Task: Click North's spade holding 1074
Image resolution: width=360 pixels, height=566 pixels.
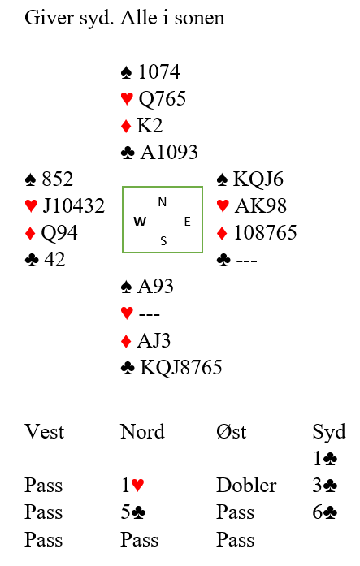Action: tap(159, 71)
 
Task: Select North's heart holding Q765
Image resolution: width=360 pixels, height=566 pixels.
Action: tap(163, 99)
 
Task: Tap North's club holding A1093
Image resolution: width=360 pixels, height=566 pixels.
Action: tap(169, 153)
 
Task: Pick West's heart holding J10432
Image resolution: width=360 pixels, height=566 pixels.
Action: tap(74, 205)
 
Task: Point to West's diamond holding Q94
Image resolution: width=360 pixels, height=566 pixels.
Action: tap(59, 233)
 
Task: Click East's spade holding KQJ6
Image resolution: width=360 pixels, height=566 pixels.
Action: tap(258, 179)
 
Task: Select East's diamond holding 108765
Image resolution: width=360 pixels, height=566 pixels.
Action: tap(266, 232)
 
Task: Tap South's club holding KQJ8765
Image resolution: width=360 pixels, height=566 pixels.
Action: tap(181, 368)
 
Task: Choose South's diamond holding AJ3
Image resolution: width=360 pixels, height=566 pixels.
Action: tap(154, 341)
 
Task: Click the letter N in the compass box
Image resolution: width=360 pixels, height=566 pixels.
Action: tap(163, 202)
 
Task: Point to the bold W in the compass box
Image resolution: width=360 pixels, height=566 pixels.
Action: tap(140, 221)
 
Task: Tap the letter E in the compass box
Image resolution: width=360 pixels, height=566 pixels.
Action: tap(188, 221)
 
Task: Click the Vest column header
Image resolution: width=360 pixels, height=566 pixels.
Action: tap(45, 432)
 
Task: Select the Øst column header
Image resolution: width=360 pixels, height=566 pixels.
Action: tap(231, 432)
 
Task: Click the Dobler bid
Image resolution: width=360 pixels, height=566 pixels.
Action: tap(246, 485)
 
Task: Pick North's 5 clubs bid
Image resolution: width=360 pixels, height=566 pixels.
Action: tap(133, 512)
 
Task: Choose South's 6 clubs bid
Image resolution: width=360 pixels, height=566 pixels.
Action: tap(324, 512)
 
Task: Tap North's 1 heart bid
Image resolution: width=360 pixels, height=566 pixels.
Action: tap(132, 485)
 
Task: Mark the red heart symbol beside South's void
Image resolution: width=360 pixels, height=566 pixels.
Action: tap(127, 313)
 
